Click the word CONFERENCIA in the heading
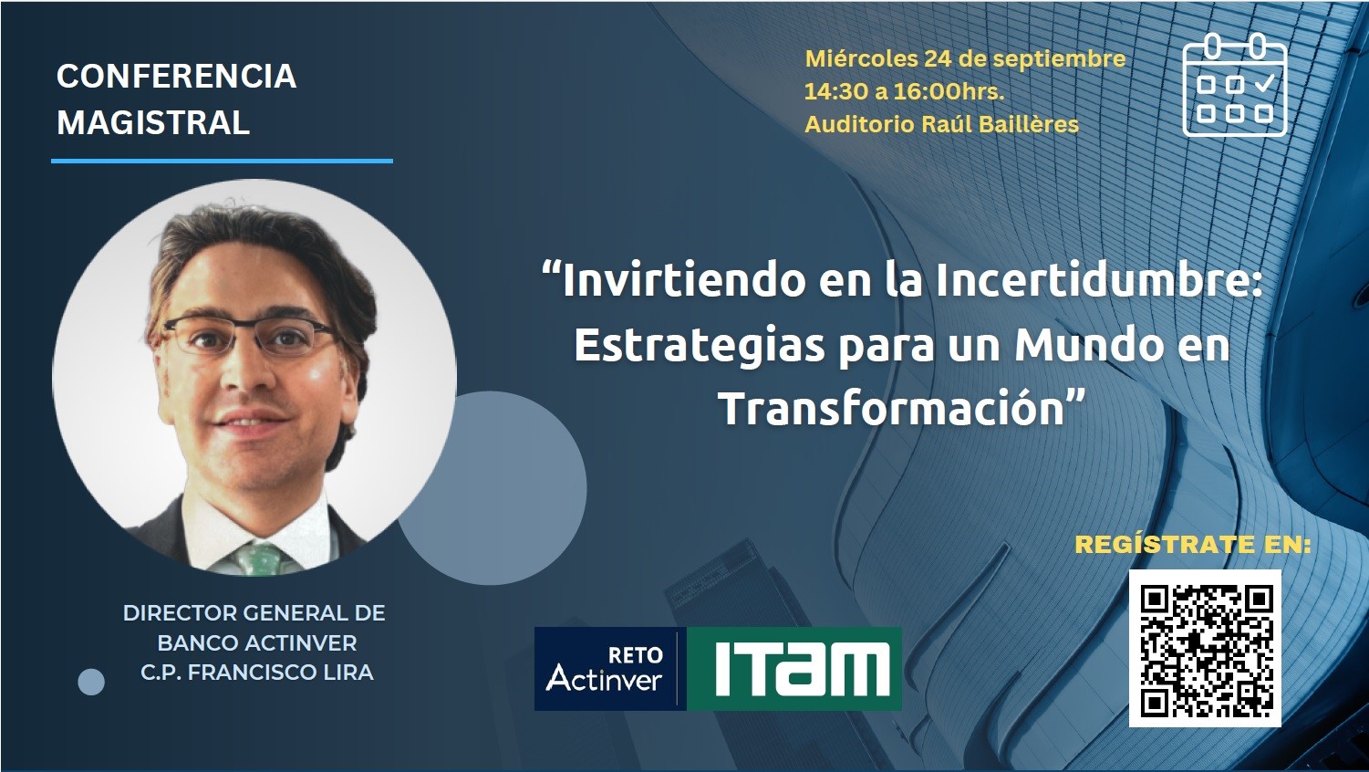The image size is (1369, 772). (177, 77)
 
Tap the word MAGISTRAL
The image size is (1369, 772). (153, 122)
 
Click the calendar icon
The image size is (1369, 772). (1235, 84)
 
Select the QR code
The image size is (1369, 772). (1205, 649)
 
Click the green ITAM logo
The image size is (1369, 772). (794, 669)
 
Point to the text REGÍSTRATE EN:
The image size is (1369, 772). (1193, 544)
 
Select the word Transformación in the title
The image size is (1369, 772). (894, 408)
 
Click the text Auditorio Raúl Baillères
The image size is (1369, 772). (942, 124)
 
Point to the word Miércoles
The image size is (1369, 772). (861, 58)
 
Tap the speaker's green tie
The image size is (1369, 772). (261, 558)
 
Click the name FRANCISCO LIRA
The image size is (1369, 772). (281, 673)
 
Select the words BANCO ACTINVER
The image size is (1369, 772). (257, 643)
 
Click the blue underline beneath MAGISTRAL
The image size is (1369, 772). (222, 162)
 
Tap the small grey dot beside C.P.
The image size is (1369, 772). (91, 683)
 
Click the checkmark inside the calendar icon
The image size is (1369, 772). (1263, 82)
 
